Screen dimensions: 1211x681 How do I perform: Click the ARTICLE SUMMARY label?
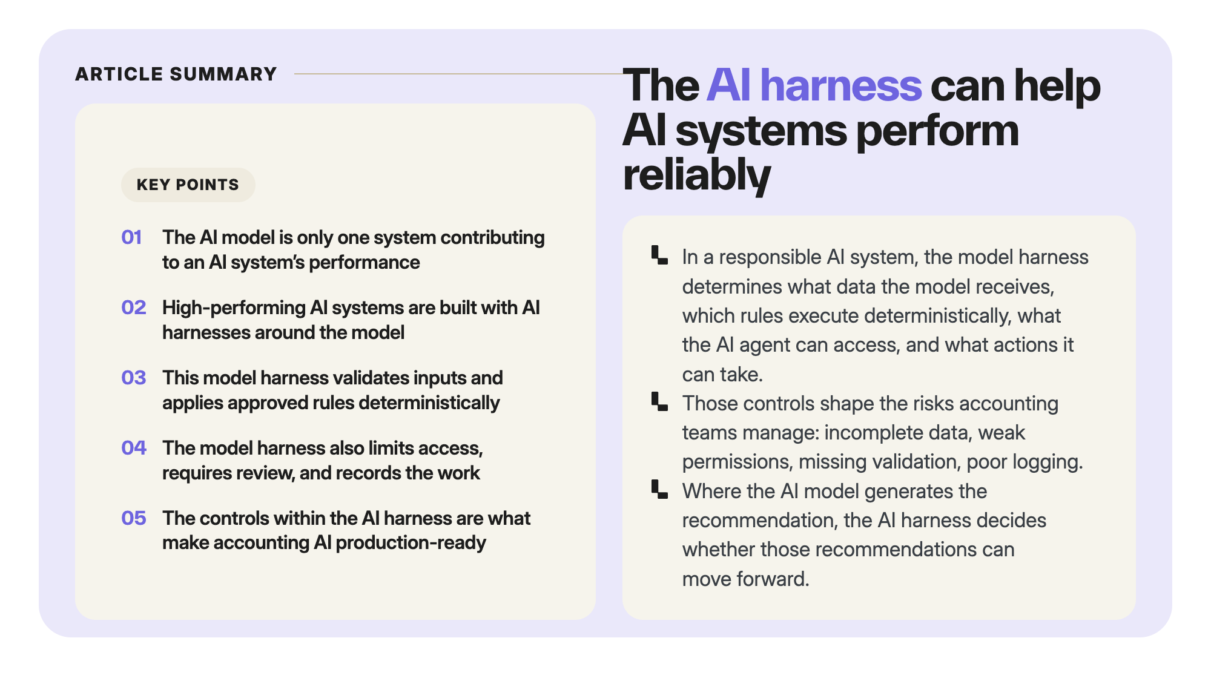(x=176, y=74)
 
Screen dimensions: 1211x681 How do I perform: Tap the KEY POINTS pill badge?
(x=188, y=185)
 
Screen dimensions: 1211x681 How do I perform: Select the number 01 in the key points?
(x=131, y=237)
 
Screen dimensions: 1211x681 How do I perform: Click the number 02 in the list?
(x=134, y=308)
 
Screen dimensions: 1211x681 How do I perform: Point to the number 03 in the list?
(x=134, y=378)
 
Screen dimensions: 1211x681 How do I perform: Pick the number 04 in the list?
(x=134, y=448)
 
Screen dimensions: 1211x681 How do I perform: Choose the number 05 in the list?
(x=134, y=518)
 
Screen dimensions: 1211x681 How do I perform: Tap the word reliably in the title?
(x=697, y=176)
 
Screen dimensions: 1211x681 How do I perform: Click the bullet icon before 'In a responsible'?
(x=659, y=255)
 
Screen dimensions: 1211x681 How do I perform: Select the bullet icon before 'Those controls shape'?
(x=659, y=401)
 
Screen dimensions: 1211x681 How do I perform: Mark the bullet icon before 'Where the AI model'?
(x=659, y=489)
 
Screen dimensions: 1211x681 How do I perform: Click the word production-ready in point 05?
(x=411, y=543)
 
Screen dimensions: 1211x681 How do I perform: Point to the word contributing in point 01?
(x=492, y=238)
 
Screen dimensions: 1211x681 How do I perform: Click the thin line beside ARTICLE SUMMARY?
(x=458, y=74)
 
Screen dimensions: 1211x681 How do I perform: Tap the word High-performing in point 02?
(x=234, y=308)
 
